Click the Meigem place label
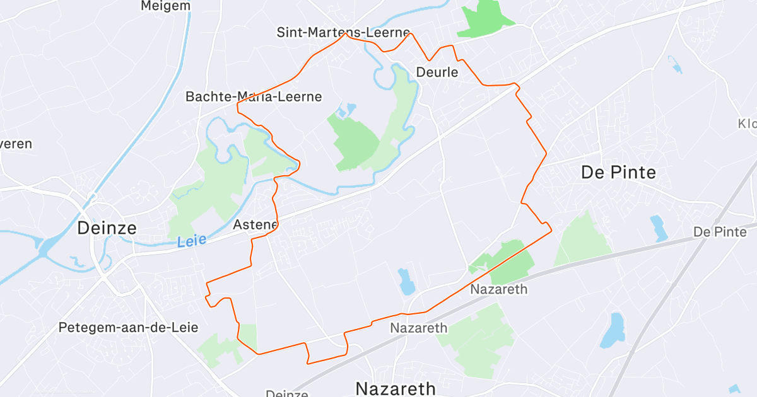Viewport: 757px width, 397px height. click(166, 6)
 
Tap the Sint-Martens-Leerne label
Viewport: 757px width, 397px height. click(343, 32)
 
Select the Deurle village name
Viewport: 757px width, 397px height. click(437, 72)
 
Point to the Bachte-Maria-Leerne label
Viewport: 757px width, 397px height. click(254, 96)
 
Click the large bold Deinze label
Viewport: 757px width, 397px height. click(107, 227)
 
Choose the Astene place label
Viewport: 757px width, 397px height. click(255, 225)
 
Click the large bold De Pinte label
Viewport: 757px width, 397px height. click(618, 172)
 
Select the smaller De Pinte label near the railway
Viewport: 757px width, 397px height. click(720, 232)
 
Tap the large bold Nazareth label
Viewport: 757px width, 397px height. click(396, 388)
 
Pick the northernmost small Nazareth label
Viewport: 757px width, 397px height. click(498, 289)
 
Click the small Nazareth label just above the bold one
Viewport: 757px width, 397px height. click(418, 328)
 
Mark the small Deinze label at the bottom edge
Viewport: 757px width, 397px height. click(286, 393)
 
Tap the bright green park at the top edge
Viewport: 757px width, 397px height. click(486, 18)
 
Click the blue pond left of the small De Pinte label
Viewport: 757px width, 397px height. click(659, 228)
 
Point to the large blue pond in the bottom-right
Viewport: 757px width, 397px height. click(611, 331)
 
